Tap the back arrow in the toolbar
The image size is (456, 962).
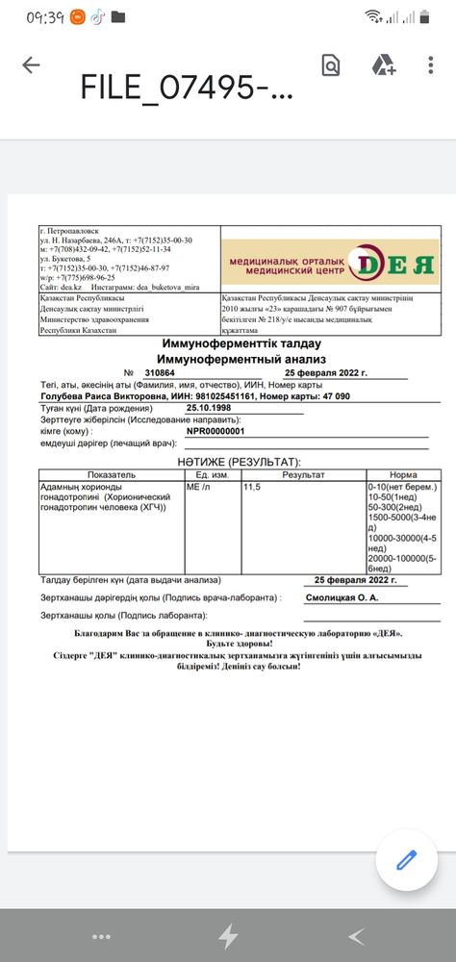click(31, 65)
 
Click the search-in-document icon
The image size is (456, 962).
click(331, 65)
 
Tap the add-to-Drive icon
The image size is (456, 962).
click(384, 65)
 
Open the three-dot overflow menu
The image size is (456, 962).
click(430, 65)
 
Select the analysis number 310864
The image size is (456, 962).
click(159, 371)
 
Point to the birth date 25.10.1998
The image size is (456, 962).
click(209, 407)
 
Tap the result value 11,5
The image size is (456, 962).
click(252, 488)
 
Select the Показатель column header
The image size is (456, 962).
click(111, 475)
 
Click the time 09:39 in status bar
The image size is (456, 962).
click(46, 16)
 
